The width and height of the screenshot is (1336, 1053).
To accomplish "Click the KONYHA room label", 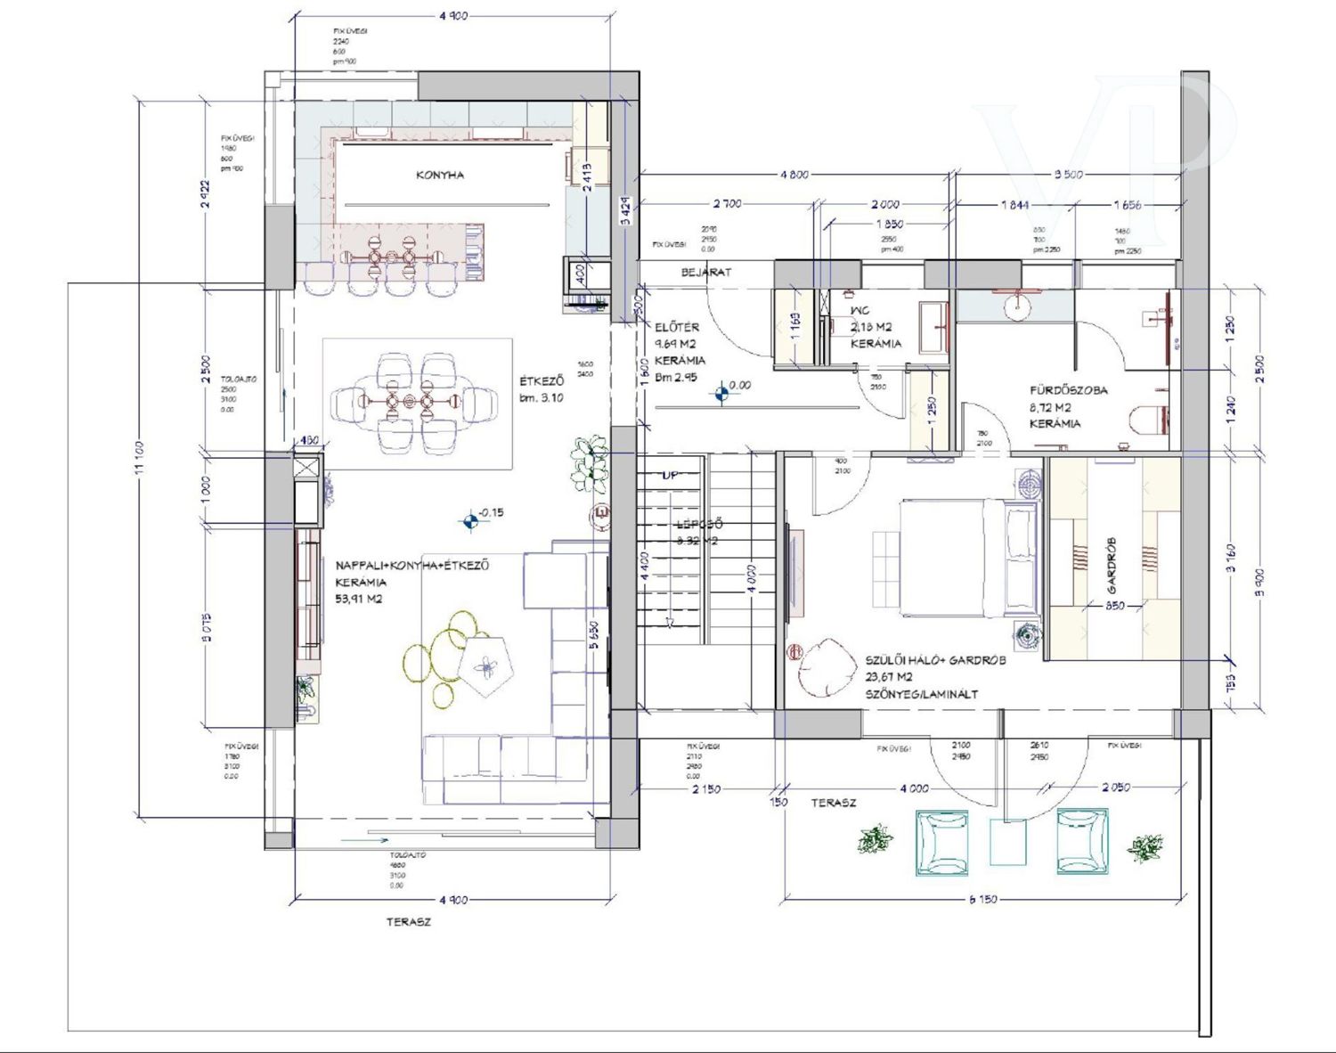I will [x=440, y=175].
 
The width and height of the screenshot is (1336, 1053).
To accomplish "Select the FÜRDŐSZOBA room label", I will [x=1069, y=390].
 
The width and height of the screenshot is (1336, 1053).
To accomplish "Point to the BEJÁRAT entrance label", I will [x=706, y=273].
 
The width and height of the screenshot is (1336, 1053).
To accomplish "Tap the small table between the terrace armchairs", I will [x=1009, y=843].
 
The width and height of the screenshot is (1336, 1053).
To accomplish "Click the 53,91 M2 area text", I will [x=359, y=600].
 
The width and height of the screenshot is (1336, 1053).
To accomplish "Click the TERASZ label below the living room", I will [x=409, y=922].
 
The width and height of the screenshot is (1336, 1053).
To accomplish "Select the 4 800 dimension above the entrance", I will [x=794, y=175].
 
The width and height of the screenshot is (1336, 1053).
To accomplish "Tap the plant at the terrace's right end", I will [x=1145, y=847].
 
